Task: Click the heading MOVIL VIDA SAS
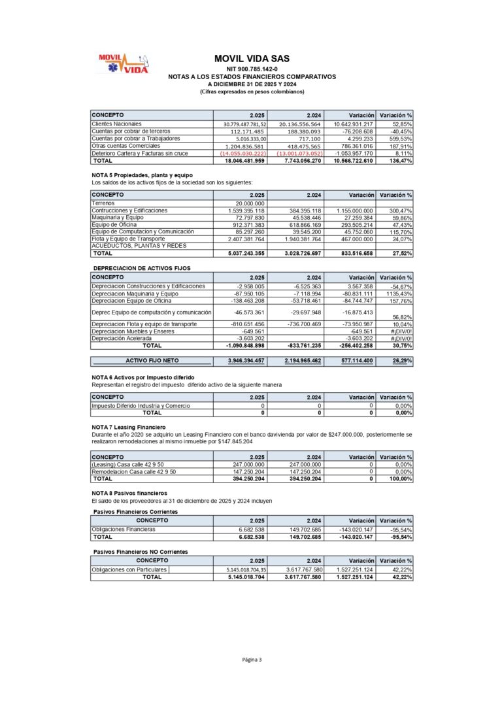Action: tap(252, 58)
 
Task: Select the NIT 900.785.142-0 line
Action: tap(252, 69)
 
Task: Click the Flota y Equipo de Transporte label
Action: tap(133, 239)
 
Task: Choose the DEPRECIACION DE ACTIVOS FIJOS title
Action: tap(142, 269)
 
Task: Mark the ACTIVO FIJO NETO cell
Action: tap(152, 360)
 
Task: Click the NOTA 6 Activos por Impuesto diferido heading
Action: tap(142, 377)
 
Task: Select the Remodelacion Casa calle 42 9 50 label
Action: tap(134, 471)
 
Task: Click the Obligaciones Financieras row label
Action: tap(124, 529)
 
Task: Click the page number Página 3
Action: tap(252, 660)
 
